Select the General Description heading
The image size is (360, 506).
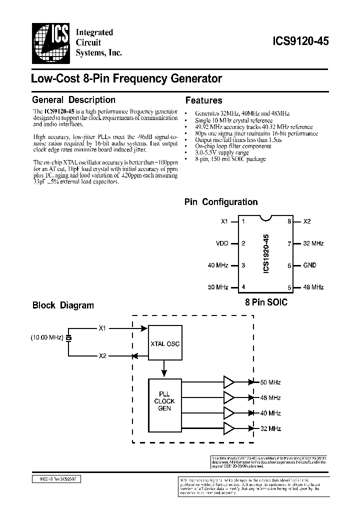click(73, 99)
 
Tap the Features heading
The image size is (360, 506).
click(203, 100)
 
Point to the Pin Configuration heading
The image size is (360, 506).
click(221, 202)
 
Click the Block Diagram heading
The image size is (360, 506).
click(63, 305)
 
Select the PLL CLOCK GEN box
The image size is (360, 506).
click(164, 401)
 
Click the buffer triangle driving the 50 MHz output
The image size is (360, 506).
click(229, 382)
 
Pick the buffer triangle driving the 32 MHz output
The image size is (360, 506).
click(229, 428)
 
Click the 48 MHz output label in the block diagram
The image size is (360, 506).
click(270, 398)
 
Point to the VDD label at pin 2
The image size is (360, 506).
click(221, 243)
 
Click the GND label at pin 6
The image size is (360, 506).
click(310, 265)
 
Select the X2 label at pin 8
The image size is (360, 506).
click(307, 221)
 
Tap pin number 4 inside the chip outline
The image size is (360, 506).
click(243, 287)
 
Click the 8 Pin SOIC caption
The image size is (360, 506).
click(266, 302)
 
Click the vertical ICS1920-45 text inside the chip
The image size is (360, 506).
click(266, 254)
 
